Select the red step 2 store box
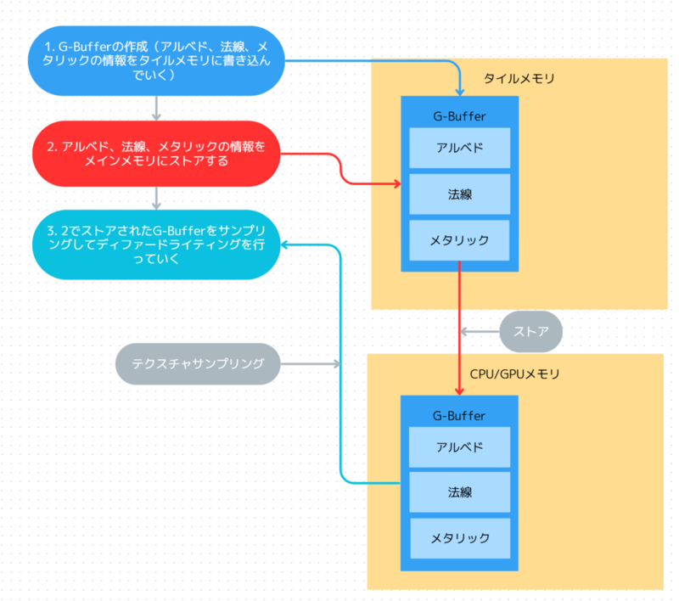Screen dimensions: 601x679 click(x=156, y=154)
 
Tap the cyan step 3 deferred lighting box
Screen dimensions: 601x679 click(x=156, y=244)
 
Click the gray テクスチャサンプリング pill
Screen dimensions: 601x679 click(x=198, y=363)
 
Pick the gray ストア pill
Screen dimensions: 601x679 click(x=531, y=331)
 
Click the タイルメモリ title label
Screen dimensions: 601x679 click(x=519, y=79)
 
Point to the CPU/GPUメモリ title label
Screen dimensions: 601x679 click(x=514, y=373)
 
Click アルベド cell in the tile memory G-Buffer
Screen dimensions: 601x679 click(x=459, y=148)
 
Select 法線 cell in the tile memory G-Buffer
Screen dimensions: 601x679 click(x=459, y=194)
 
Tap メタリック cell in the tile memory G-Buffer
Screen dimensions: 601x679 click(x=459, y=240)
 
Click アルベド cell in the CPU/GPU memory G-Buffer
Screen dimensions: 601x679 click(x=459, y=447)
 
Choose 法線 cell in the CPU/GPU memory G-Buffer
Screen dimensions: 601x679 click(x=459, y=492)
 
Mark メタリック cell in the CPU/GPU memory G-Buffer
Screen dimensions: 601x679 click(x=459, y=538)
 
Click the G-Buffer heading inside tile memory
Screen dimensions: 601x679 click(x=459, y=115)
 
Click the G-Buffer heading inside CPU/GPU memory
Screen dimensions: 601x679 click(x=459, y=415)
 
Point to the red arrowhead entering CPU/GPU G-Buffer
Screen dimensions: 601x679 click(x=459, y=390)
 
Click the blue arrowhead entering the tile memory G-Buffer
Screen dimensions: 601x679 click(x=459, y=91)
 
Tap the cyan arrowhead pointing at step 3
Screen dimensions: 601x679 click(x=286, y=244)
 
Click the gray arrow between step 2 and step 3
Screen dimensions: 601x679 click(x=156, y=198)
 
